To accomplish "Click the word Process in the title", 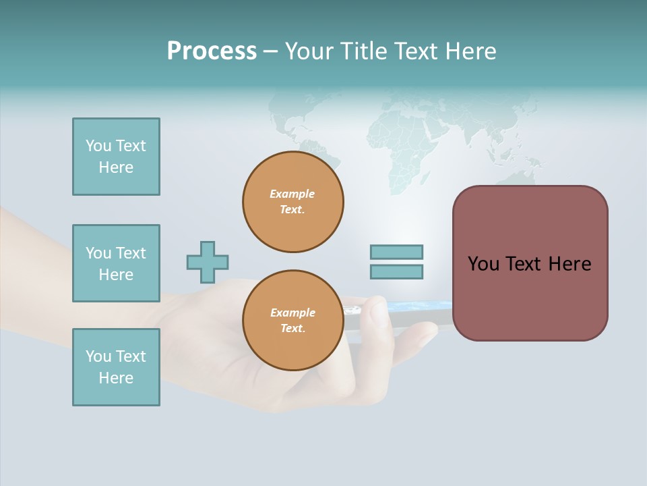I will pyautogui.click(x=212, y=51).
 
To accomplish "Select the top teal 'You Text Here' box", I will pyautogui.click(x=116, y=157).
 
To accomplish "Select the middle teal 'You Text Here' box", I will pyautogui.click(x=116, y=263).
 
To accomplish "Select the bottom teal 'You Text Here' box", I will pyautogui.click(x=116, y=367).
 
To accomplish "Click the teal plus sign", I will pyautogui.click(x=208, y=262).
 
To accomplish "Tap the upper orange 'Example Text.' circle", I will pyautogui.click(x=293, y=202).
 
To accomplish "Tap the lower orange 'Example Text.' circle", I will pyautogui.click(x=293, y=321).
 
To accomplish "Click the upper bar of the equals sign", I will pyautogui.click(x=396, y=252).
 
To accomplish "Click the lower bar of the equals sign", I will pyautogui.click(x=396, y=271).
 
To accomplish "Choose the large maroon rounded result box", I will pyautogui.click(x=530, y=263).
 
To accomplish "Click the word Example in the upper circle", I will pyautogui.click(x=292, y=194).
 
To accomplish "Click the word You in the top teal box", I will pyautogui.click(x=98, y=146).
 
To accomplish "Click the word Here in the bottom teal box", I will pyautogui.click(x=116, y=378).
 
